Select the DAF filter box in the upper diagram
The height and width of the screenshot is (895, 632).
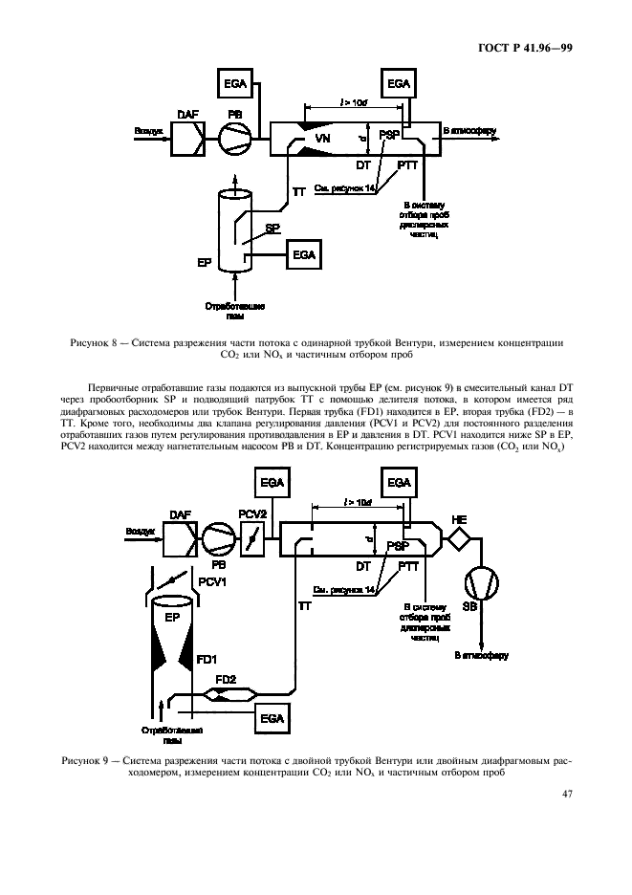(x=186, y=140)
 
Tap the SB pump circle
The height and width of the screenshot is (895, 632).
(x=482, y=583)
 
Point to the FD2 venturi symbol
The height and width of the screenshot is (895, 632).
(x=225, y=696)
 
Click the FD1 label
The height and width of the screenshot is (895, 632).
(x=207, y=659)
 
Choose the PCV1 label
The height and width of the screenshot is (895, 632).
(x=210, y=581)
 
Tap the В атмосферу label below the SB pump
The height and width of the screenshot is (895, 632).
(x=483, y=656)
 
